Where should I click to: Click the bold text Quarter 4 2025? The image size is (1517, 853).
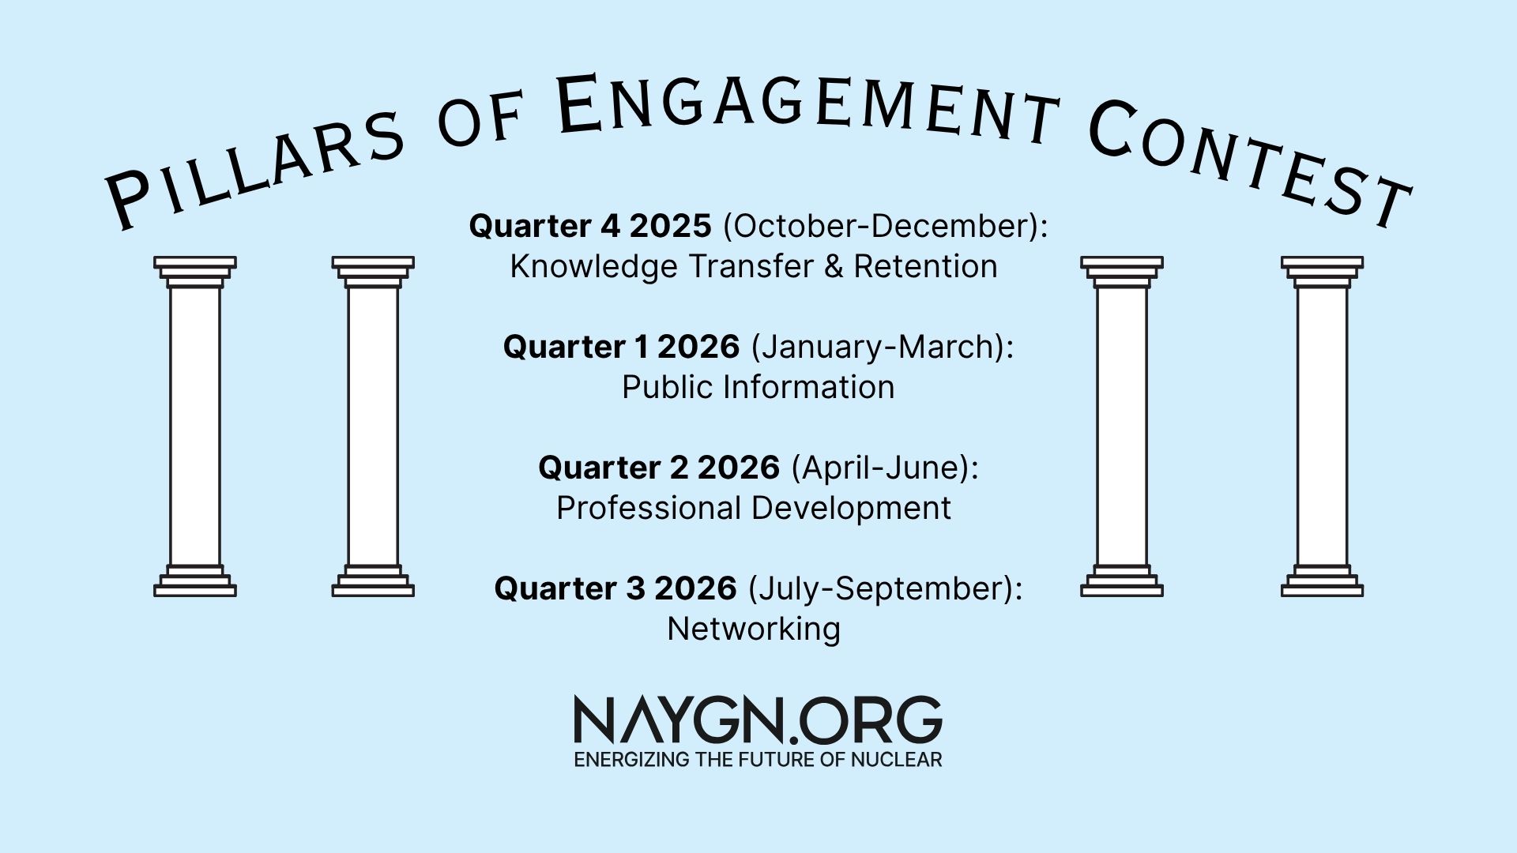pos(590,226)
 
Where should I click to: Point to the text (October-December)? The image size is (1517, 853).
pos(885,227)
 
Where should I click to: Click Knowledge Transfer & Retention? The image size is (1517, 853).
pos(754,267)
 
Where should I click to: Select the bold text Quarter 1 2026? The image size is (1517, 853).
pos(621,347)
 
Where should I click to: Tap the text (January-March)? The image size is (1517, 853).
pos(882,348)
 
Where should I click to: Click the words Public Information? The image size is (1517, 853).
pos(758,388)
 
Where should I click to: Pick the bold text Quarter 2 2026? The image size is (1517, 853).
pos(659,468)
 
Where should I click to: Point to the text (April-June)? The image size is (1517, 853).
pos(885,468)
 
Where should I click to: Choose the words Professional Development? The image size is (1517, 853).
pos(754,509)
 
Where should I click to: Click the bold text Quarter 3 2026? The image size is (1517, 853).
pos(615,588)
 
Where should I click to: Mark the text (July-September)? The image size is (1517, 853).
pos(885,589)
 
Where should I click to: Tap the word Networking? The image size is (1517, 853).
pos(754,629)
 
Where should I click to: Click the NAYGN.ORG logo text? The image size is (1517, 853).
pos(758,720)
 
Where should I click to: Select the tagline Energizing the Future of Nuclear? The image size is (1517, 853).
pos(758,760)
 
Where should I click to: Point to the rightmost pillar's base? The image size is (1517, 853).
pos(1322,581)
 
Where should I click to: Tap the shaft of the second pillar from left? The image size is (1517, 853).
pos(373,426)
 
